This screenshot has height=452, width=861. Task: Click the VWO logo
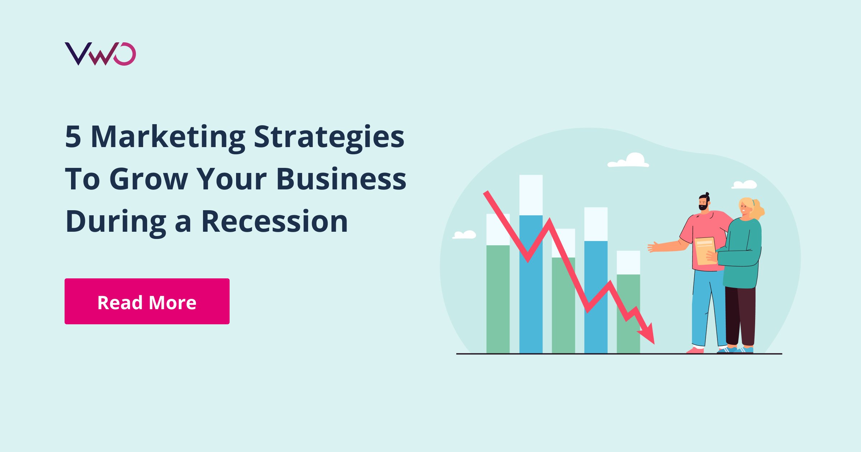point(100,54)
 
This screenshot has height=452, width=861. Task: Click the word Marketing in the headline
point(168,137)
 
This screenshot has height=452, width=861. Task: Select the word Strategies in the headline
point(329,137)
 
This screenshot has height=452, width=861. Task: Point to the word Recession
point(274,222)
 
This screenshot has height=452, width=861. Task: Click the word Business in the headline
point(341,179)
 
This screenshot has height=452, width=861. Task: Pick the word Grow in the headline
point(149,179)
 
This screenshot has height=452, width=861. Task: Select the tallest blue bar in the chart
point(531,283)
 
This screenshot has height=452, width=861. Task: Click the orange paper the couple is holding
point(705,251)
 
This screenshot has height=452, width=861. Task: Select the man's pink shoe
point(696,350)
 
